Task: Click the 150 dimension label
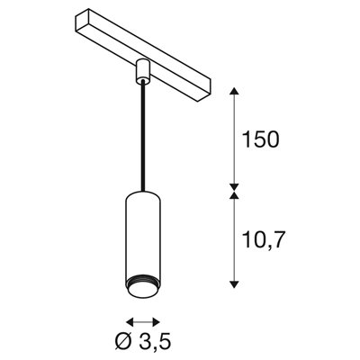[x=261, y=139]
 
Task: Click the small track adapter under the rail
[x=142, y=70]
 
